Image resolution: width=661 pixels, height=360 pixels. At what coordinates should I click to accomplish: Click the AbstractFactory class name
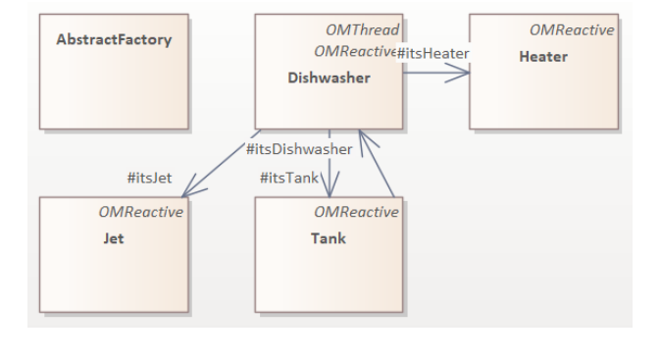pyautogui.click(x=114, y=40)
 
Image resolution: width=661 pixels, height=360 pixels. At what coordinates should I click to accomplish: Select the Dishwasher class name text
pyautogui.click(x=329, y=77)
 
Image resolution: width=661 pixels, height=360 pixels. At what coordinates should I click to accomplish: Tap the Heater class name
pyautogui.click(x=543, y=56)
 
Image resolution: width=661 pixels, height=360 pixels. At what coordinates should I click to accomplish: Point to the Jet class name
pyautogui.click(x=114, y=238)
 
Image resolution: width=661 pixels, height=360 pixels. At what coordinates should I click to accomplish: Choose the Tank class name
pyautogui.click(x=329, y=238)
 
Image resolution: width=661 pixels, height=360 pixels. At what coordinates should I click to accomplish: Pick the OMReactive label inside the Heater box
pyautogui.click(x=572, y=30)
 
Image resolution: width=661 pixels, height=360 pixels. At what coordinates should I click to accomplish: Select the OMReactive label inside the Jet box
pyautogui.click(x=140, y=212)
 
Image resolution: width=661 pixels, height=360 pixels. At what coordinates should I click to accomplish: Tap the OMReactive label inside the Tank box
pyautogui.click(x=356, y=212)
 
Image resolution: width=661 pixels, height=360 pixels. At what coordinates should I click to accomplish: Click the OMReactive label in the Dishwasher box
pyautogui.click(x=353, y=51)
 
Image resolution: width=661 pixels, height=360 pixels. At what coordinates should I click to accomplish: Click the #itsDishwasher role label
pyautogui.click(x=299, y=149)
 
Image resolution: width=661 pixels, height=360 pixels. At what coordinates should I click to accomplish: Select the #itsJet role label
pyautogui.click(x=149, y=178)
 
